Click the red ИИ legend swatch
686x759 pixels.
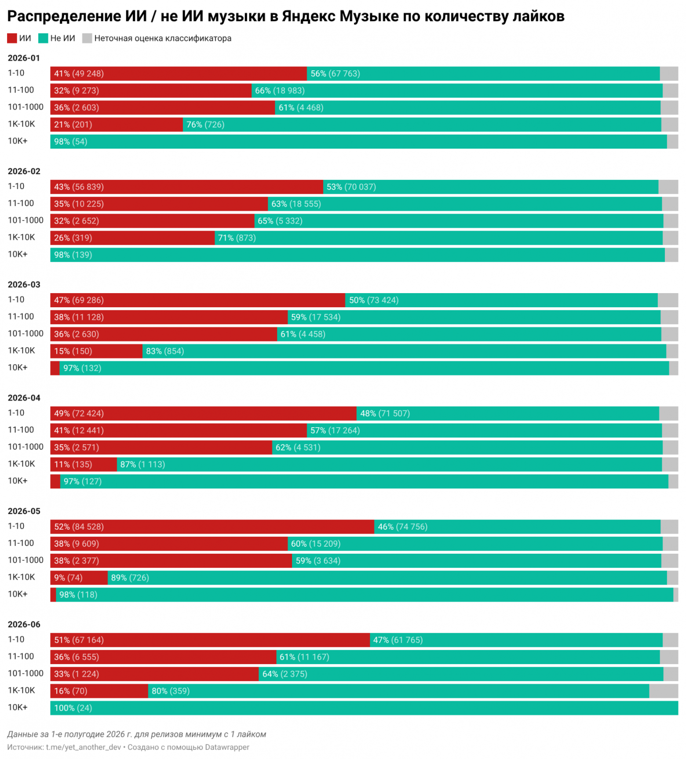(x=12, y=38)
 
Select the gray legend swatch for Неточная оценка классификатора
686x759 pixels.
(x=87, y=38)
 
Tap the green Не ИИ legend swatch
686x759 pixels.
(x=43, y=38)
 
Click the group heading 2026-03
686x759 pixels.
(x=24, y=284)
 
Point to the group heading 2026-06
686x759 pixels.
(x=24, y=624)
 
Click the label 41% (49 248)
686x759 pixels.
(x=79, y=73)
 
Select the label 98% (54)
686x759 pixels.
(x=70, y=142)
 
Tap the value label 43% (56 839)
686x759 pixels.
(x=79, y=187)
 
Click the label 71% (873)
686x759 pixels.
(x=237, y=238)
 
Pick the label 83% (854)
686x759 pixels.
(x=165, y=351)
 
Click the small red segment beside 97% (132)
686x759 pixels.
(x=55, y=368)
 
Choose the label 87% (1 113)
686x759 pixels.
(x=142, y=465)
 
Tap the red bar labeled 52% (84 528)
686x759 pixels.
(x=212, y=527)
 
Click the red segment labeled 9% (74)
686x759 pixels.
(x=79, y=577)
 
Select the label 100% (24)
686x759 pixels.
(x=73, y=708)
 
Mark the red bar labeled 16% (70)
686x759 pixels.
(x=99, y=691)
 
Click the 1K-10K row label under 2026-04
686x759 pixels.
(x=21, y=464)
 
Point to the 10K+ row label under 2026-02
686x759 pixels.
(x=18, y=254)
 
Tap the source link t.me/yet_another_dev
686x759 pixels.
(x=84, y=747)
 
